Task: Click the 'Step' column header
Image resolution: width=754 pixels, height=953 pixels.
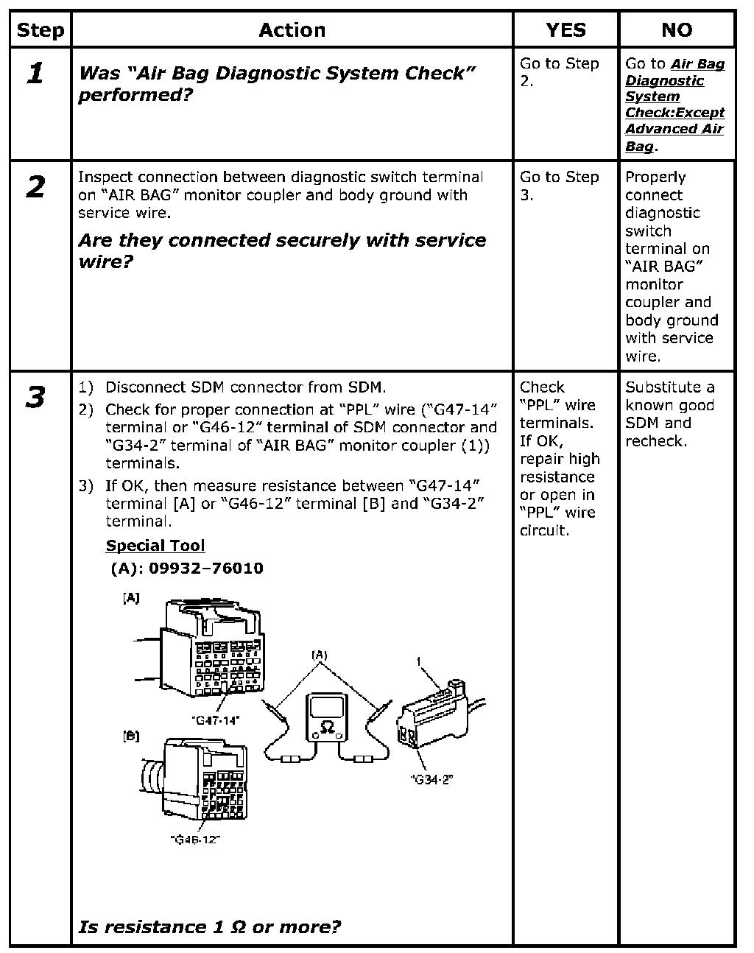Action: (x=40, y=30)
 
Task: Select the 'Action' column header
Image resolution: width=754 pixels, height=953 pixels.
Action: (x=292, y=30)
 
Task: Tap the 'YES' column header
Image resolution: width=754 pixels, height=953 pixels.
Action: (x=565, y=30)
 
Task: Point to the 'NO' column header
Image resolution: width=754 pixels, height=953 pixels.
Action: (x=677, y=30)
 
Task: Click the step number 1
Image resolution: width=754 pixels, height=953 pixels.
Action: (x=35, y=73)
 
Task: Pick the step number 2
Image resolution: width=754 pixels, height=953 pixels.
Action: (x=35, y=187)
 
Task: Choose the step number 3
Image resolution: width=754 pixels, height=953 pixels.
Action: (x=35, y=398)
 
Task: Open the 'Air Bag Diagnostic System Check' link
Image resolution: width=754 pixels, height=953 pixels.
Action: (x=674, y=105)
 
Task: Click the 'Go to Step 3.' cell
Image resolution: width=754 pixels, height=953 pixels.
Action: (x=559, y=186)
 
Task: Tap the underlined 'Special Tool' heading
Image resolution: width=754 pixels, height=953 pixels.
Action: (x=155, y=546)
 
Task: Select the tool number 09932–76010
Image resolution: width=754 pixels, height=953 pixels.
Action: (x=187, y=569)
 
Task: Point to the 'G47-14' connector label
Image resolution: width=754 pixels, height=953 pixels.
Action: (x=215, y=721)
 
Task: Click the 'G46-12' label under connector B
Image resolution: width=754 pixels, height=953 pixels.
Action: (x=195, y=839)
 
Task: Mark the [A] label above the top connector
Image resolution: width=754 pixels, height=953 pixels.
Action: (x=130, y=599)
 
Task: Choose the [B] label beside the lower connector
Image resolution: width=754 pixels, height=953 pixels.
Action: (x=130, y=736)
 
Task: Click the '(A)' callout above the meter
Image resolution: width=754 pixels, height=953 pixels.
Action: (x=320, y=654)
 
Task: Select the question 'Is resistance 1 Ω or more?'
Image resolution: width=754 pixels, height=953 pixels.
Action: (x=210, y=926)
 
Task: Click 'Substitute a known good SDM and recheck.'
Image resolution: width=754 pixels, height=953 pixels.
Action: (x=669, y=414)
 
